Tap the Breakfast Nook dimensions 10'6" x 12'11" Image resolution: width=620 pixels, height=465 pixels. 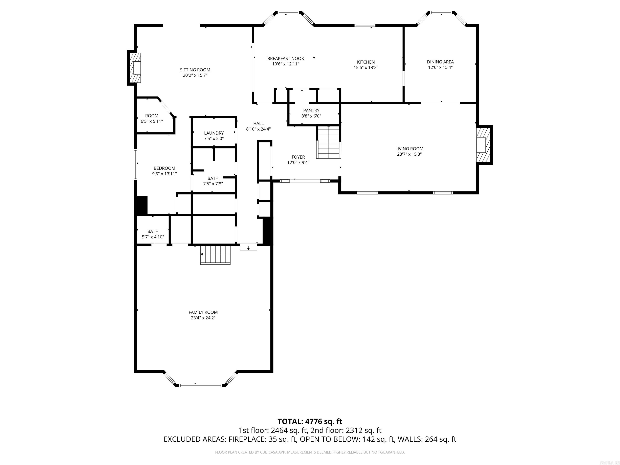(285, 64)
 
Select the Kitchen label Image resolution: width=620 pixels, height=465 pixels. (366, 62)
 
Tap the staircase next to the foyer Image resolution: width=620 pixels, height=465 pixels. (329, 143)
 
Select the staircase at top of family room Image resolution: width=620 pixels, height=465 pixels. (215, 254)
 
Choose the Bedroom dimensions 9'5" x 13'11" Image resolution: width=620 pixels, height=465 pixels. (164, 174)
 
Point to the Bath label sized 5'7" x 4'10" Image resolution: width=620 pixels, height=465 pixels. (153, 231)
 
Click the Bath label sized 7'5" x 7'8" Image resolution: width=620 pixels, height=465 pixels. (213, 178)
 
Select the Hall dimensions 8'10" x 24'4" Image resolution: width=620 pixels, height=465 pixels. (258, 129)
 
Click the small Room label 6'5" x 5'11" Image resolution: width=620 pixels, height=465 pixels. (152, 115)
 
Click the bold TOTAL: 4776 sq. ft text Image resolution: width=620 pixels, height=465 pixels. (310, 421)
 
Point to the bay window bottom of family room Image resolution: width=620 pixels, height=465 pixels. (200, 385)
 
